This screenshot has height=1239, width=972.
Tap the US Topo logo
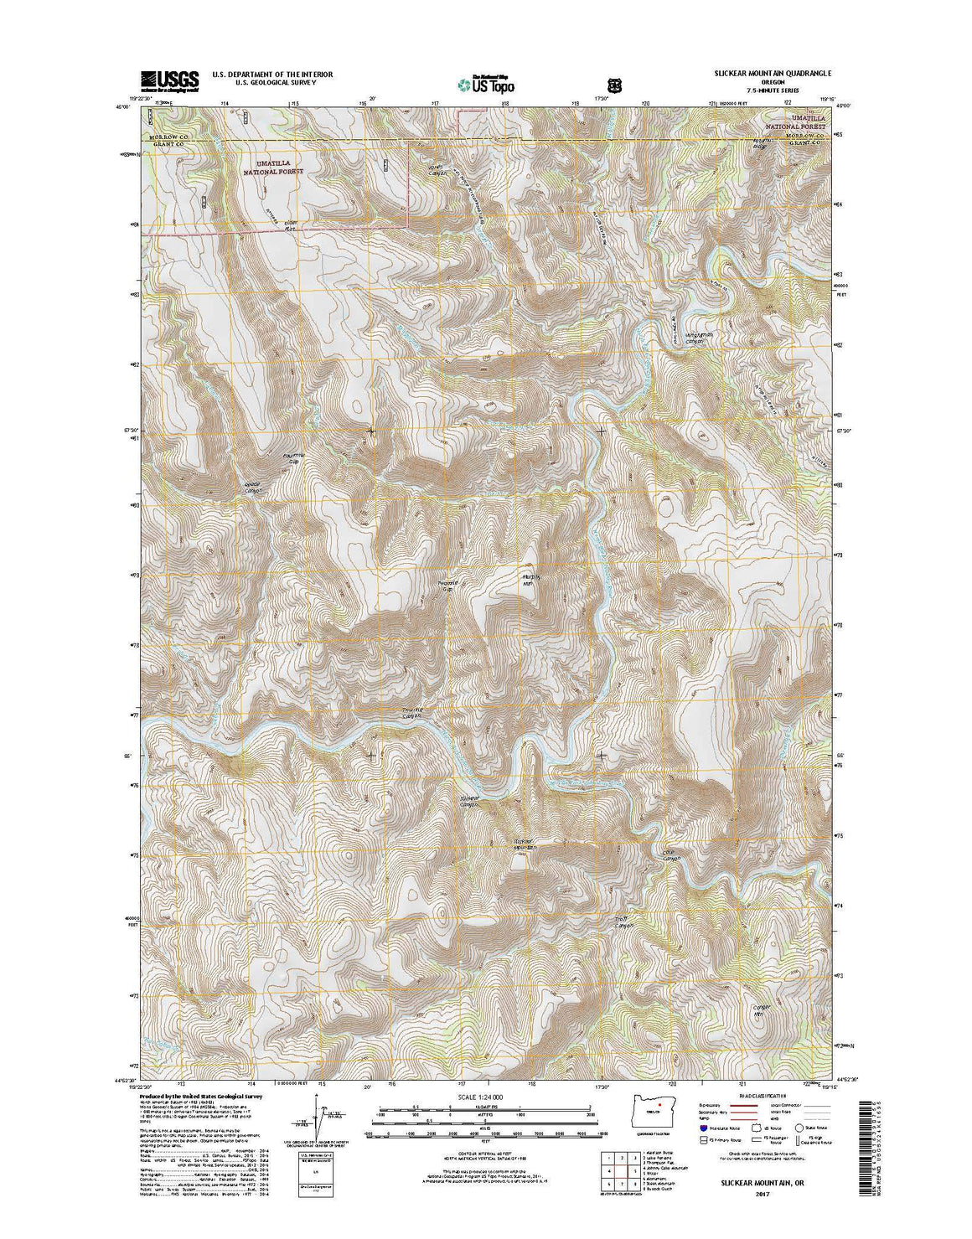tap(487, 84)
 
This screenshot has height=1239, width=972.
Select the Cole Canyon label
tap(669, 855)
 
